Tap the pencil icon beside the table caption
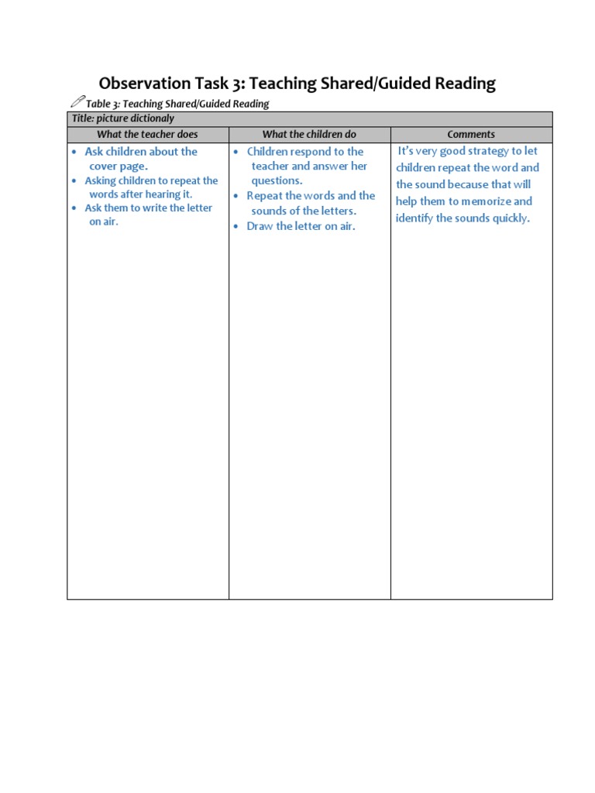point(77,101)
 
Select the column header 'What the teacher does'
point(147,134)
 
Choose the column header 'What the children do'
point(309,134)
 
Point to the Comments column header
point(471,134)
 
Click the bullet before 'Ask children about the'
point(74,152)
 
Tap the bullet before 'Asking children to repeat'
point(74,180)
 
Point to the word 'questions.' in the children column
point(277,180)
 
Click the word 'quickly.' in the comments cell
point(509,218)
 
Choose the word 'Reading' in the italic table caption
point(249,103)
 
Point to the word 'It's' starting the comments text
point(408,151)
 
